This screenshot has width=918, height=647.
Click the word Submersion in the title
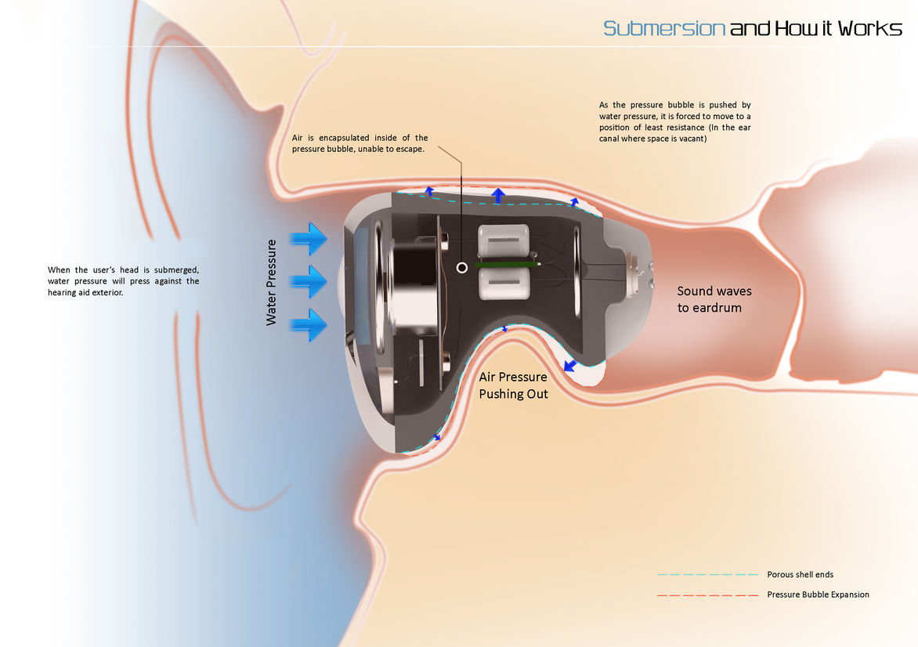point(664,29)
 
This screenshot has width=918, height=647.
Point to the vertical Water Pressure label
point(272,282)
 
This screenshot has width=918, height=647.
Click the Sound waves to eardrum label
point(714,299)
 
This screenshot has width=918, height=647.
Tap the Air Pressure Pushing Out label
point(513,385)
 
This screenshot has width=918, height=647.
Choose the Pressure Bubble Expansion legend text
point(818,595)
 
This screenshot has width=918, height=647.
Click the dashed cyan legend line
point(707,574)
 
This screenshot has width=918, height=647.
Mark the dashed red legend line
point(707,595)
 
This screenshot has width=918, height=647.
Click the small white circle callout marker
point(462,268)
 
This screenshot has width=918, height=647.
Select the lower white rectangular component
point(504,286)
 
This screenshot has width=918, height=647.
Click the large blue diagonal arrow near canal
point(569,366)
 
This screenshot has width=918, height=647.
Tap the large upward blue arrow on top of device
point(497,195)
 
